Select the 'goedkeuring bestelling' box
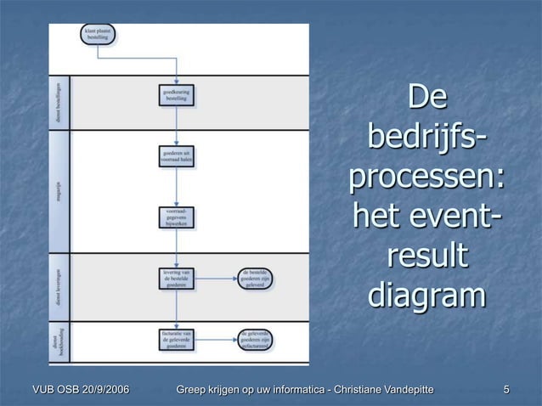(x=177, y=95)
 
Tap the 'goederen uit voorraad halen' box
(x=177, y=155)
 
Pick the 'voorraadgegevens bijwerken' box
(x=177, y=217)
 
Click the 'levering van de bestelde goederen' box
(x=177, y=279)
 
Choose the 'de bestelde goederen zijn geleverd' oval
(x=256, y=279)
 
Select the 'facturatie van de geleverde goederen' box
(x=177, y=340)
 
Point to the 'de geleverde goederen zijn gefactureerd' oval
(x=256, y=340)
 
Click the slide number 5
(x=506, y=390)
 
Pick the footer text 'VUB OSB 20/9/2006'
(x=75, y=390)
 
